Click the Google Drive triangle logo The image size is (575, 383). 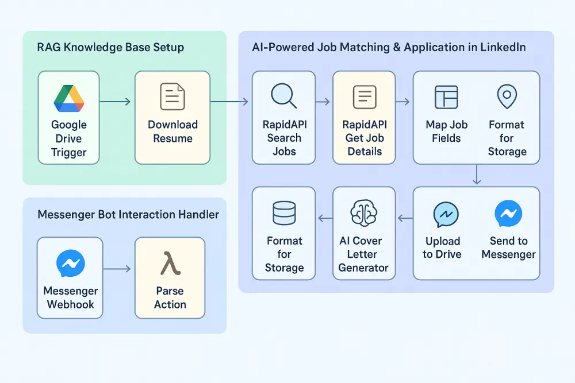[x=69, y=98]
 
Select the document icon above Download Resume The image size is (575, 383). [x=172, y=96]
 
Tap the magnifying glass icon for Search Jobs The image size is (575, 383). [x=283, y=96]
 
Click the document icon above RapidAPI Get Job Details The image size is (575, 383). [x=363, y=96]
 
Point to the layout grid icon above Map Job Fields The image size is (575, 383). [x=446, y=97]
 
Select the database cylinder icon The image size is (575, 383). [x=283, y=213]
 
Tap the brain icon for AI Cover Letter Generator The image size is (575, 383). [x=363, y=213]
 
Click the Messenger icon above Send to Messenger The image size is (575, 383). [x=508, y=214]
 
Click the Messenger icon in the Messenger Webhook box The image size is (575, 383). [x=71, y=264]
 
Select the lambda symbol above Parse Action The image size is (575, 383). [x=170, y=264]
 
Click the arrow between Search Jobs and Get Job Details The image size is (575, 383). [x=324, y=102]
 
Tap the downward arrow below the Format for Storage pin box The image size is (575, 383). [x=476, y=175]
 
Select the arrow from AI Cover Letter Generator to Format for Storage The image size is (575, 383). [x=325, y=218]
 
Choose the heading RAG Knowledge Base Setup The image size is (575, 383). [x=110, y=47]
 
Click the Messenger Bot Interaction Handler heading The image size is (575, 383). [x=128, y=215]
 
